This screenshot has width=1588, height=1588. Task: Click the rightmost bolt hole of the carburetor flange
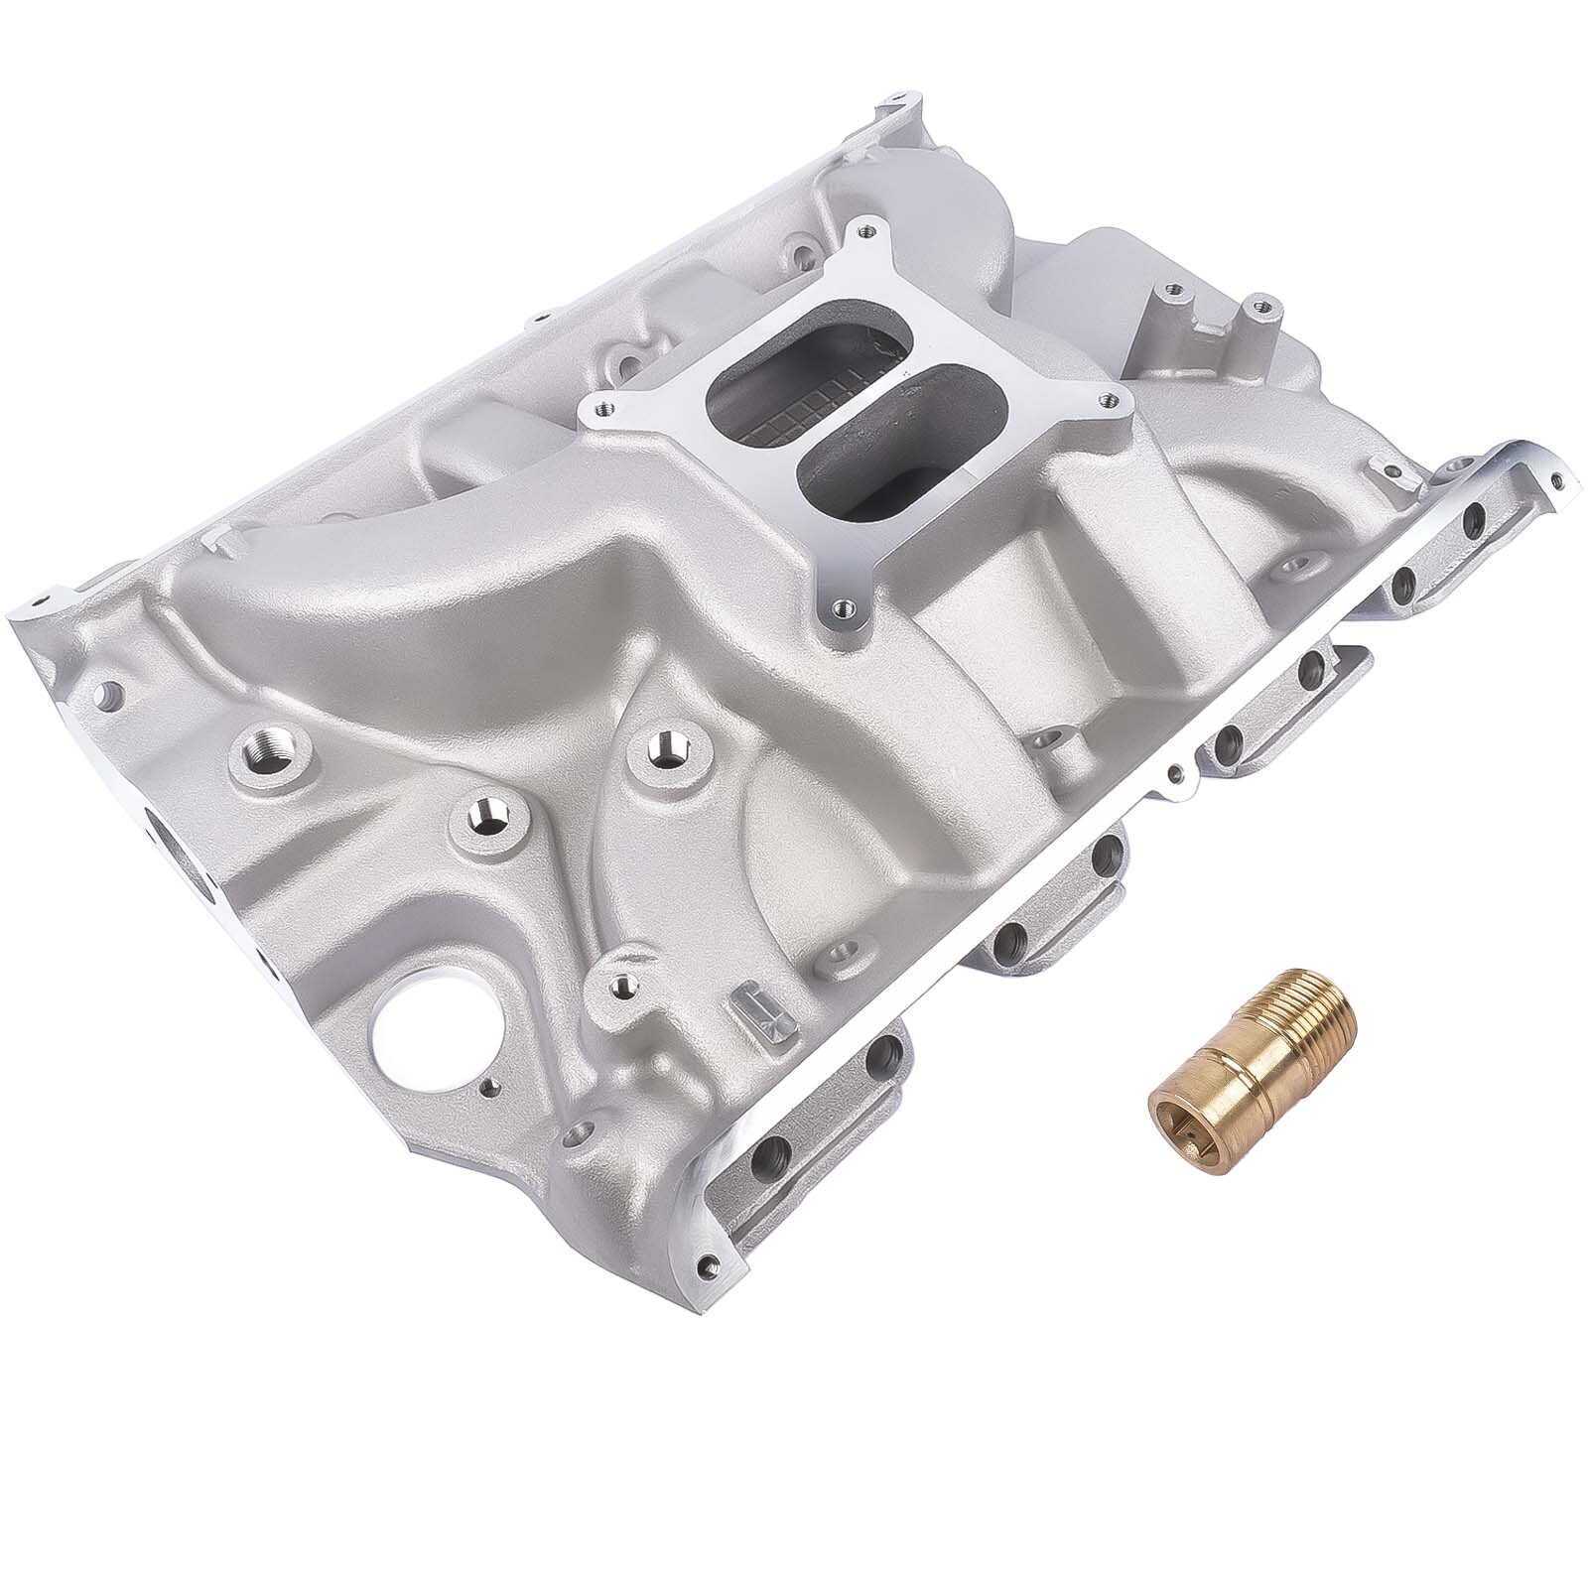pos(1103,398)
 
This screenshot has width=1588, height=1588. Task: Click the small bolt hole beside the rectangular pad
pos(622,985)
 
